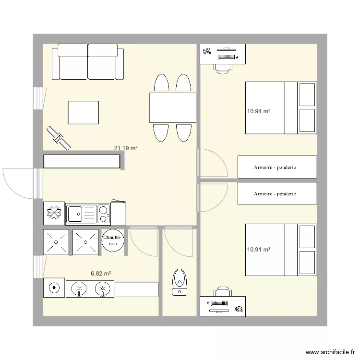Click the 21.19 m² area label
coord(126,148)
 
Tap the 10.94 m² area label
coord(258,111)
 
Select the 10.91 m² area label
coord(258,250)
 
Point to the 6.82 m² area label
coord(101,273)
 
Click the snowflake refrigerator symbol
coord(54,213)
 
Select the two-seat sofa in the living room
coord(91,62)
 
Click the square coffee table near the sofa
coord(84,112)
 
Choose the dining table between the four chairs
coord(173,108)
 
